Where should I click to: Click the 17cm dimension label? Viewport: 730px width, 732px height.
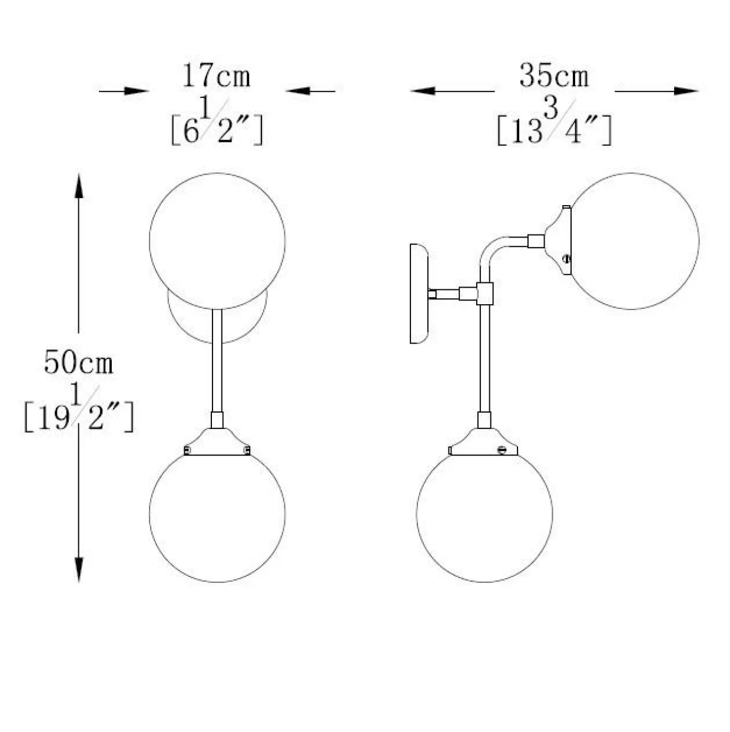click(x=217, y=75)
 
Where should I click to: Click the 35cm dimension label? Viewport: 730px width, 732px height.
click(x=554, y=75)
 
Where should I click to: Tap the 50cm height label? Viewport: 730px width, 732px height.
click(x=78, y=362)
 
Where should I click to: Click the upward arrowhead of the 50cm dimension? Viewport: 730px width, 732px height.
click(x=78, y=186)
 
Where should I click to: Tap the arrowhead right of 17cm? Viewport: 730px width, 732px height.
click(x=298, y=91)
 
